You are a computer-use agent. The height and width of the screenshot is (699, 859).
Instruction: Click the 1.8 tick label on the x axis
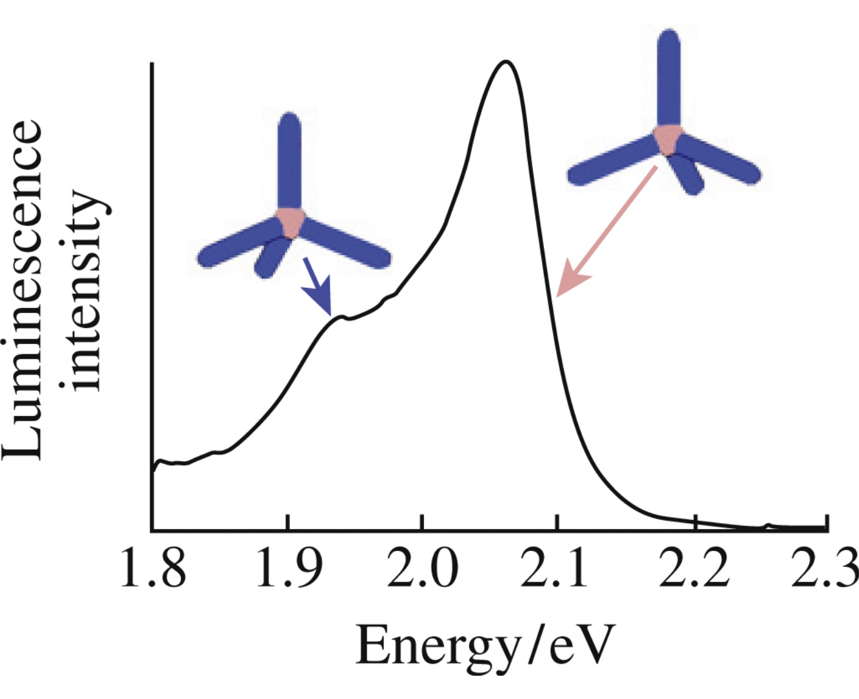point(153,570)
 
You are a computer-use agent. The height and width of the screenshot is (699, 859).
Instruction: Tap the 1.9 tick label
point(289,570)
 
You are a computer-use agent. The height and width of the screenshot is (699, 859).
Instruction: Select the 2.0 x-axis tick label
point(422,570)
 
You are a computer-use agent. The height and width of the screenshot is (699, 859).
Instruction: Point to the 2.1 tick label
point(555,570)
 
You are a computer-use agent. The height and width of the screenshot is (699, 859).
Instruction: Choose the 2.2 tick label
point(693,570)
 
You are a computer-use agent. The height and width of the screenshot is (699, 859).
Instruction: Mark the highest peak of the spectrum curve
point(506,62)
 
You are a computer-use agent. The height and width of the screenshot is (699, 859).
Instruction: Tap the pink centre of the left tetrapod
point(289,221)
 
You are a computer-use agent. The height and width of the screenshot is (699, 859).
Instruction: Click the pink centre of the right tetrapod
point(668,139)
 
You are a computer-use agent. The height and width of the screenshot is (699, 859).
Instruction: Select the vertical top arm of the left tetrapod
point(289,161)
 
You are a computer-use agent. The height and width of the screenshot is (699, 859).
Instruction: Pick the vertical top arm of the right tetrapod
point(668,77)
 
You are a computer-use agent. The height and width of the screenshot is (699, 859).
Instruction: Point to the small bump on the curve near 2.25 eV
point(767,526)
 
